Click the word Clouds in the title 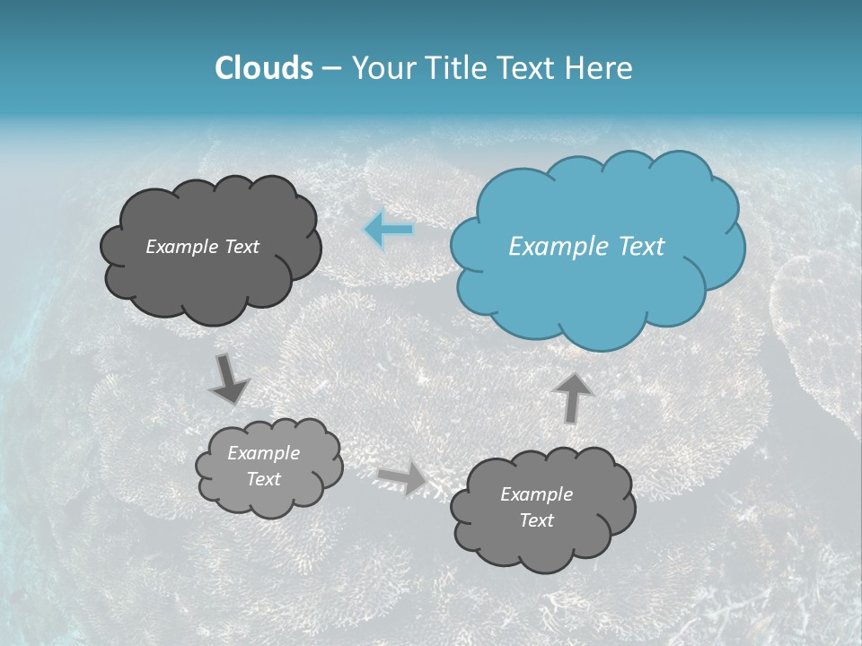coord(263,68)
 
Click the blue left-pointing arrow coord(390,230)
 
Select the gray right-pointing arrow coord(403,477)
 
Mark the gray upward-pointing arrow coord(573,397)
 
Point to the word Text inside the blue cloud coord(641,247)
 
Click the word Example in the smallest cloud coord(263,453)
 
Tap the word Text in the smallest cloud coord(263,479)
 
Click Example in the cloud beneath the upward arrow coord(536,494)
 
